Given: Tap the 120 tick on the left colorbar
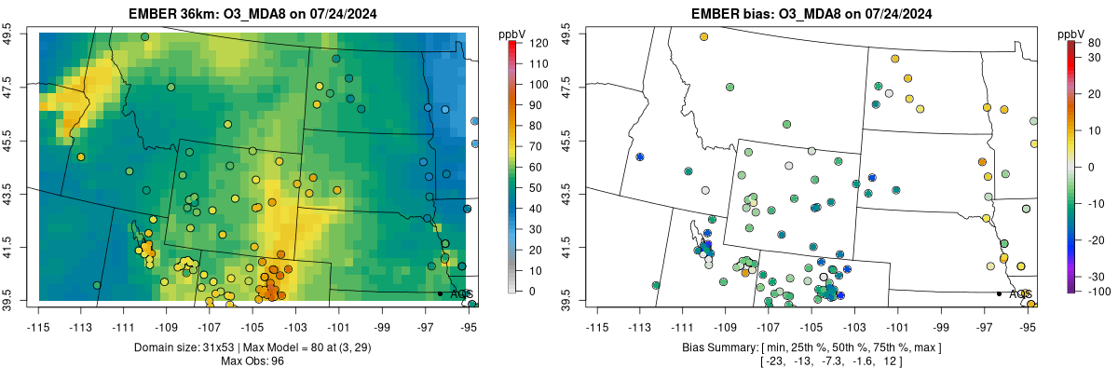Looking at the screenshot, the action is pos(539,43).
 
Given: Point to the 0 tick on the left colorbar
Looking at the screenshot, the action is pos(532,292).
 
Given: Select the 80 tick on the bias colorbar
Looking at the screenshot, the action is pos(1094,43).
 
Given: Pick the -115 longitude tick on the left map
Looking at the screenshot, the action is pos(38,328).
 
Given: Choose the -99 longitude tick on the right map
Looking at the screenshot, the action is pos(941,328).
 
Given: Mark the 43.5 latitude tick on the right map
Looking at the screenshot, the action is pos(566,194).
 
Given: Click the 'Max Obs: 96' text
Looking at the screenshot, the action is pos(252,361).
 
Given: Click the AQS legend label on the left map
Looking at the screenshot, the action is pos(461,294).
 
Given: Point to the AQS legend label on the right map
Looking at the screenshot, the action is pos(1020,294).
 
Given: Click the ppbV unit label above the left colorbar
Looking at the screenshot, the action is pos(512,34).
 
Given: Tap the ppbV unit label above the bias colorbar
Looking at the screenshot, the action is pos(1071,34).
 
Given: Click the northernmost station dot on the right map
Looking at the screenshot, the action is pos(703,36).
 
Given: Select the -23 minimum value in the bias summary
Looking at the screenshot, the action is pos(774,361).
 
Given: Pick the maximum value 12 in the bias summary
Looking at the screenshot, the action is pos(890,361).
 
